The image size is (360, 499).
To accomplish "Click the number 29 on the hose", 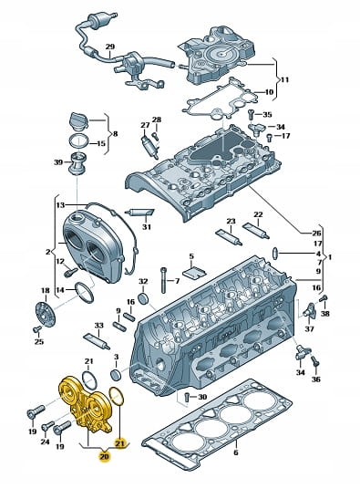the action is (109, 47).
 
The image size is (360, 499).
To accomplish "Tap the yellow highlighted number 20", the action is (104, 457).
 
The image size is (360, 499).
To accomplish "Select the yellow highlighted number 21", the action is (120, 443).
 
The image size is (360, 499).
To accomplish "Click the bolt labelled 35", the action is (250, 114).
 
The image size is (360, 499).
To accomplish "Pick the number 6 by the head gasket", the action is (236, 452).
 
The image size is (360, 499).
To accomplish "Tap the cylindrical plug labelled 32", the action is (143, 299).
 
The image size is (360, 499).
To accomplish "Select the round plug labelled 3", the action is (117, 375).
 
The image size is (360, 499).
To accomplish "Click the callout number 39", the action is (58, 162).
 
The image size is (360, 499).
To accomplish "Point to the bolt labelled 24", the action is (48, 425).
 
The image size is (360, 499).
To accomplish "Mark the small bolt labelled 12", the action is (71, 273).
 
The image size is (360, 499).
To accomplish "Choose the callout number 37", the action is (310, 328).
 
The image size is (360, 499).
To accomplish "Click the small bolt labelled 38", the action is (324, 298).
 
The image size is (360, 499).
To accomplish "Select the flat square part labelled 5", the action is (194, 272).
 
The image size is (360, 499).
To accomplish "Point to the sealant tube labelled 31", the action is (139, 213).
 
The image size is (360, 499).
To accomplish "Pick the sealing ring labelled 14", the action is (85, 293).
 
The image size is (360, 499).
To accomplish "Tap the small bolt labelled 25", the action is (36, 329).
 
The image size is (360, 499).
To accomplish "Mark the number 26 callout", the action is (316, 234).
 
